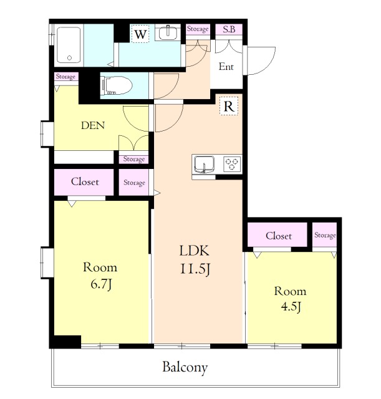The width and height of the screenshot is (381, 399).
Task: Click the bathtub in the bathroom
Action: [x=69, y=45]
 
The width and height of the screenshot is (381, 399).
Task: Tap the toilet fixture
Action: [x=117, y=85]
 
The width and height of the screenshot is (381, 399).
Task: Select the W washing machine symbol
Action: [x=140, y=34]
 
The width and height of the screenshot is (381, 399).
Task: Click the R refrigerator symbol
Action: [x=229, y=106]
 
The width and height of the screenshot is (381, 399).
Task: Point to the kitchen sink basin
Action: [x=204, y=164]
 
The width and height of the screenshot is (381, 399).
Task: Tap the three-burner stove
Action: [x=232, y=164]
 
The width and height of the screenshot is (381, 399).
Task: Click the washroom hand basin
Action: [x=168, y=32]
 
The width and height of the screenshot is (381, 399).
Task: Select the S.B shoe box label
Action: [x=229, y=29]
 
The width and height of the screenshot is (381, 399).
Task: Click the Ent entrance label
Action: [x=226, y=67]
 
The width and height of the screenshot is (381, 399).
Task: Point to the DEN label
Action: [x=93, y=125]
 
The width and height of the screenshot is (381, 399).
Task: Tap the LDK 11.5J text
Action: [x=195, y=259]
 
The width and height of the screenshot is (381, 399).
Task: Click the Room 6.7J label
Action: [x=100, y=276]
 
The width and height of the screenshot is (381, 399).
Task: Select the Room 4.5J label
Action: [x=290, y=299]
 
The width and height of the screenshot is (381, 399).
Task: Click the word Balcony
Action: [x=185, y=367]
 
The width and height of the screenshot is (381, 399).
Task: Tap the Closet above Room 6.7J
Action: [x=85, y=181]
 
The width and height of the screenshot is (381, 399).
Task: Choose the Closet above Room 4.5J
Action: [x=278, y=236]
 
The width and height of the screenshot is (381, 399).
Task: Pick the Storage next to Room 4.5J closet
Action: [x=325, y=235]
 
